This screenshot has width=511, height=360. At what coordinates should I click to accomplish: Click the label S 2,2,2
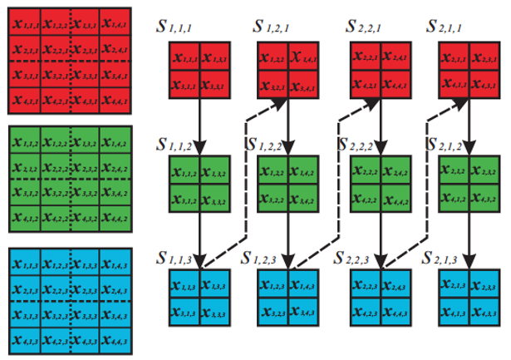363,144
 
